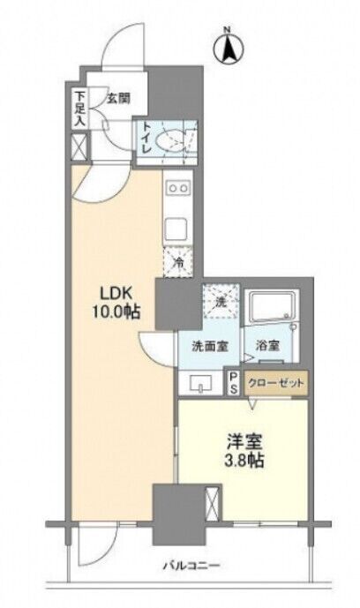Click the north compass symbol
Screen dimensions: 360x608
click(229, 46)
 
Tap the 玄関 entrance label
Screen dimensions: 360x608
click(118, 99)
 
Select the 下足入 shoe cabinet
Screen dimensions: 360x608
click(79, 109)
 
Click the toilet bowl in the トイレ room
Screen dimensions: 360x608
click(170, 141)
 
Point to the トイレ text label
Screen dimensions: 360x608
click(147, 139)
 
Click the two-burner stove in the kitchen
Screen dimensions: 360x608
click(178, 188)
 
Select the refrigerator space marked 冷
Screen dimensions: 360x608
click(178, 262)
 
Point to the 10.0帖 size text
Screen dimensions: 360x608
click(116, 312)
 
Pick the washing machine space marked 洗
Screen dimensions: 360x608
click(221, 301)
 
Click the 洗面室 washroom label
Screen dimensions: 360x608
click(210, 346)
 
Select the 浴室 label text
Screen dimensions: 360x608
click(267, 346)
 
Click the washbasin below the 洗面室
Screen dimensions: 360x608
click(200, 383)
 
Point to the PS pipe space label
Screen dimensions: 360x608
click(233, 383)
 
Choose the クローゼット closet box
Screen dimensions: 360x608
click(275, 383)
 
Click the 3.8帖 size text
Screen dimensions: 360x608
click(244, 461)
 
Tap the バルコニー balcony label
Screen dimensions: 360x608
click(191, 566)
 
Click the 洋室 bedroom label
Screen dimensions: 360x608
click(244, 441)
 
